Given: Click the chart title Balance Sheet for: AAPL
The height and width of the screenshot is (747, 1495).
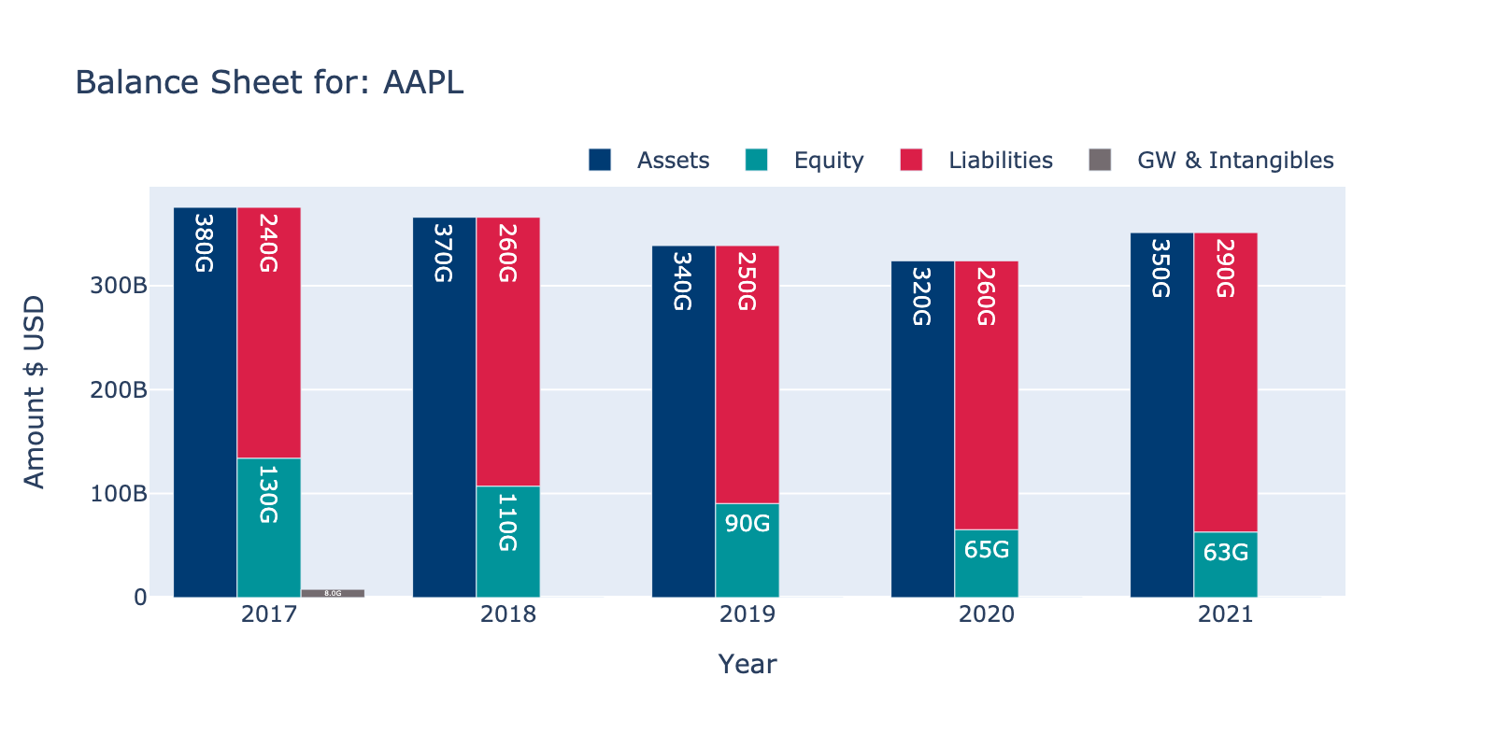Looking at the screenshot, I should pos(269,83).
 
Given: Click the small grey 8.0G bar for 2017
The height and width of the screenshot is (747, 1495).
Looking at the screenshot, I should pos(333,593).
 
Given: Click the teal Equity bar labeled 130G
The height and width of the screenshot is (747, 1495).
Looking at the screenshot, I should pos(269,528).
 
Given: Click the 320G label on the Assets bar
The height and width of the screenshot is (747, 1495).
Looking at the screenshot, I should pos(921,297).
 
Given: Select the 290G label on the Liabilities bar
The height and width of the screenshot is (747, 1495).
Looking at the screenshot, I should pos(1225,269).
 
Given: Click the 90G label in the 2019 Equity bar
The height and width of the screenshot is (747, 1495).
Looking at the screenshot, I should pos(747,524).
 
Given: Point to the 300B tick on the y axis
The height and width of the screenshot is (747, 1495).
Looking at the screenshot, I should pos(119,286).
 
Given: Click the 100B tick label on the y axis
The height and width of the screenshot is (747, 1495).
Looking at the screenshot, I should pos(119,494).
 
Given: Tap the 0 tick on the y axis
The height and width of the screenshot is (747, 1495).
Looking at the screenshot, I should pos(140,598).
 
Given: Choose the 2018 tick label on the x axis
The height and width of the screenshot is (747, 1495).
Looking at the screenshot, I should pos(508,614).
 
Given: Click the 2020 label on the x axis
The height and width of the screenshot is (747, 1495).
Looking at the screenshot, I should pos(987,614).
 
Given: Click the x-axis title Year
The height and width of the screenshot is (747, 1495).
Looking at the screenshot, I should pos(747,664).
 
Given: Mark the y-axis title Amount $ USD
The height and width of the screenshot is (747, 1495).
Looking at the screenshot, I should pos(35,392).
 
